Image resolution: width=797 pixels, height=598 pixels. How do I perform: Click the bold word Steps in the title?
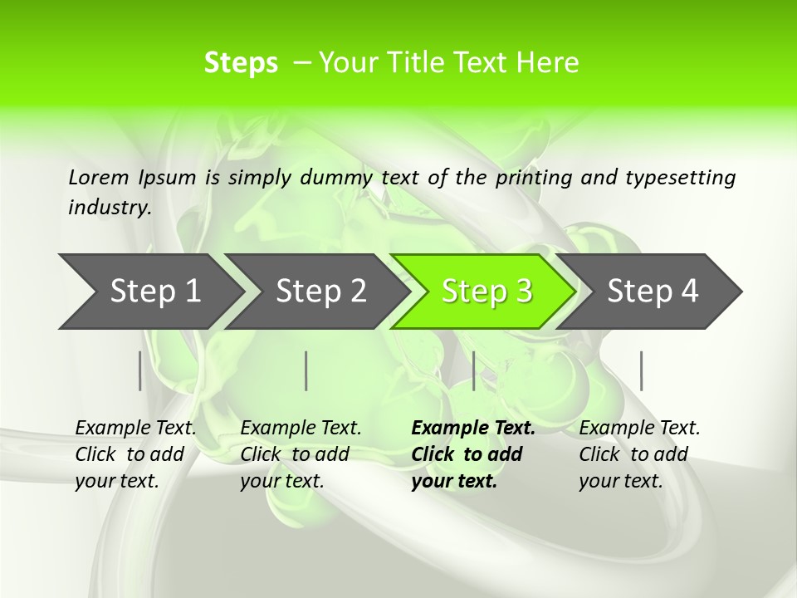(x=241, y=63)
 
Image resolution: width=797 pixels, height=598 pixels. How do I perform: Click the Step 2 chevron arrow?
(x=317, y=292)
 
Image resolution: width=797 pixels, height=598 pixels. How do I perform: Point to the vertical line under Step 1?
(x=139, y=370)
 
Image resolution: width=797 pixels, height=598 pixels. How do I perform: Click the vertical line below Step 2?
(x=306, y=370)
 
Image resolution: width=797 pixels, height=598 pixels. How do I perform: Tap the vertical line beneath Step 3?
(x=473, y=370)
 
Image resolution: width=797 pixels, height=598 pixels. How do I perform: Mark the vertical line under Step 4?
(x=641, y=370)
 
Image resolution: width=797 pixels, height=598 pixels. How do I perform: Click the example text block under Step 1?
(x=135, y=454)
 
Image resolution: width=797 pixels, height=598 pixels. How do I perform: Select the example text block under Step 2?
(x=301, y=454)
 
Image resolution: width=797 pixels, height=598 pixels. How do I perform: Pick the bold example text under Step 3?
(x=473, y=454)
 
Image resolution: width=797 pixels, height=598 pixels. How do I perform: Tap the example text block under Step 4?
(x=639, y=454)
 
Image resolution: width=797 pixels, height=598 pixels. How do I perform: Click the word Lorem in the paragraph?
(x=98, y=178)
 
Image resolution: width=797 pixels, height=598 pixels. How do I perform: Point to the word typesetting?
(x=680, y=178)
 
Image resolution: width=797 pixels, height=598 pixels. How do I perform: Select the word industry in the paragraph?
(x=109, y=208)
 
